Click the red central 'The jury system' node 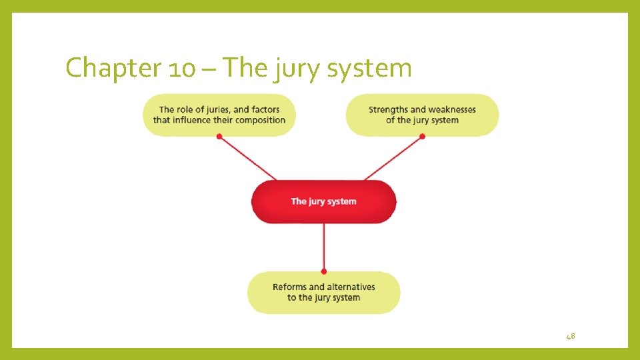(x=323, y=201)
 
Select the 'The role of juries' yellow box (x=219, y=115)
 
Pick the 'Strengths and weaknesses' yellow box (x=422, y=115)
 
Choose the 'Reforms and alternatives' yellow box (x=323, y=292)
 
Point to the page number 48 (x=570, y=337)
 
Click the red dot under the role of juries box (x=219, y=137)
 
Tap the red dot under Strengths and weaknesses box (x=422, y=137)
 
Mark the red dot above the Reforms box (x=323, y=271)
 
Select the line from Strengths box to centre (x=393, y=158)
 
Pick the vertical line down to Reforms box (x=323, y=247)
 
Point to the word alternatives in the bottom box (x=351, y=287)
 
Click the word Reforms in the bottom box (x=290, y=287)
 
